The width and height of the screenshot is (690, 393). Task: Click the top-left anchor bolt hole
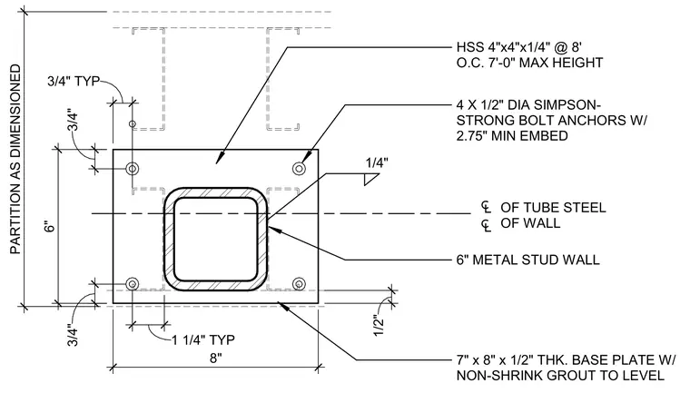pos(132,169)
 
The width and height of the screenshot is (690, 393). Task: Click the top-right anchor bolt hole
pos(300,169)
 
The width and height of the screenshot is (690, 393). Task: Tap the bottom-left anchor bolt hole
pos(132,284)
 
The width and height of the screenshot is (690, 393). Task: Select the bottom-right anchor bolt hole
pos(300,284)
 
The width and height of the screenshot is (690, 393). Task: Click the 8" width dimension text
pos(216,359)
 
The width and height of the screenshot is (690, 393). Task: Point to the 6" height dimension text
pos(51,226)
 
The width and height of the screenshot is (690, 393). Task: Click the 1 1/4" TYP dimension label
pos(203,340)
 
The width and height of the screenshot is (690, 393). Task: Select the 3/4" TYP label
pos(74,82)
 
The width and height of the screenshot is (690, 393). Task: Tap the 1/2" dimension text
pos(379,325)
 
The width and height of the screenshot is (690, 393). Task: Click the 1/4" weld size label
pos(377,163)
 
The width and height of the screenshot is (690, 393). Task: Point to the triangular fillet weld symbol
pos(370,180)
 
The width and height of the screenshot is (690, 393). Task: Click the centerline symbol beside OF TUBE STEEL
pos(486,207)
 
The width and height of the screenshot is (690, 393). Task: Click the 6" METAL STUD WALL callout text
pos(528,260)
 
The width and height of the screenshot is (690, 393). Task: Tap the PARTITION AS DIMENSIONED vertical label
pos(15,160)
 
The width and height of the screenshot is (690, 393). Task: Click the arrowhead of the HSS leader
pos(220,160)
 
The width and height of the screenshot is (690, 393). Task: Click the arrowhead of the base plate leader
pos(282,306)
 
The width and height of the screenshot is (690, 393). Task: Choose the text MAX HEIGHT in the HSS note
pos(561,63)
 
